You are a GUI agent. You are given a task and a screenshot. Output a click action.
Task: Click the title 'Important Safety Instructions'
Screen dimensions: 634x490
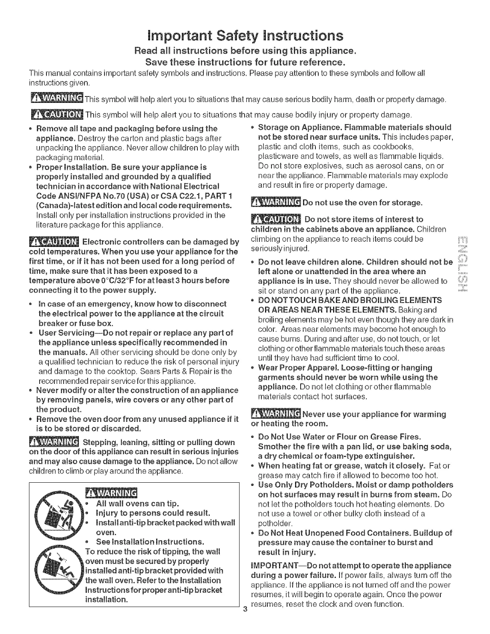[245, 36]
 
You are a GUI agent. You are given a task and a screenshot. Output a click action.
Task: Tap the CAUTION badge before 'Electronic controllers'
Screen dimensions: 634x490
[54, 242]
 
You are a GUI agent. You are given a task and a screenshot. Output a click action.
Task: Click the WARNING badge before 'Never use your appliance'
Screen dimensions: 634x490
[275, 414]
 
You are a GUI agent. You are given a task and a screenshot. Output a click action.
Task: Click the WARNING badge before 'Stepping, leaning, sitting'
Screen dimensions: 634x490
[54, 442]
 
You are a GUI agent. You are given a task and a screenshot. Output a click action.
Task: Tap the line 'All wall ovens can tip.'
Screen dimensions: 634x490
[132, 504]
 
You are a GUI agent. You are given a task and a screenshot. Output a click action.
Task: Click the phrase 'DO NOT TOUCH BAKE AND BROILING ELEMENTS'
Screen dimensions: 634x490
[350, 300]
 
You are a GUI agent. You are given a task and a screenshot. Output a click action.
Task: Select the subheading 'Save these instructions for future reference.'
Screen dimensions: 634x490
[245, 63]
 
